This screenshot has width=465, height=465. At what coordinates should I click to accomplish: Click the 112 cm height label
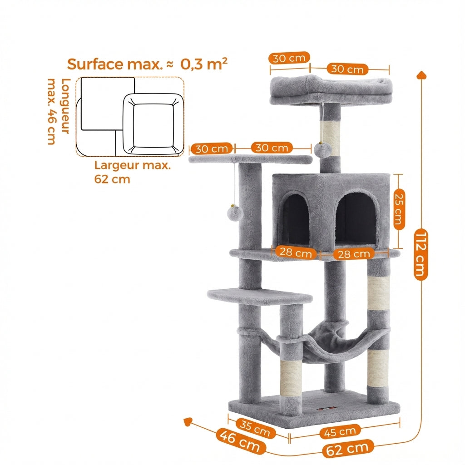(x=421, y=254)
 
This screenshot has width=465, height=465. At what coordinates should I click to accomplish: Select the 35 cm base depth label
(x=256, y=428)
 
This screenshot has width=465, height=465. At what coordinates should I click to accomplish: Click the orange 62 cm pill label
(x=348, y=449)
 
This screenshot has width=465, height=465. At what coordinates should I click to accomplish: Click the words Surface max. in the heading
(x=114, y=64)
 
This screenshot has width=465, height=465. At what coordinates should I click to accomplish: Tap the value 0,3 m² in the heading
(x=204, y=64)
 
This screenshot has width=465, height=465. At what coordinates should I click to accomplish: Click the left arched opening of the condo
(x=296, y=220)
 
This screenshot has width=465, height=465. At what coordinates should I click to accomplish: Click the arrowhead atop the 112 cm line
(x=421, y=75)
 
